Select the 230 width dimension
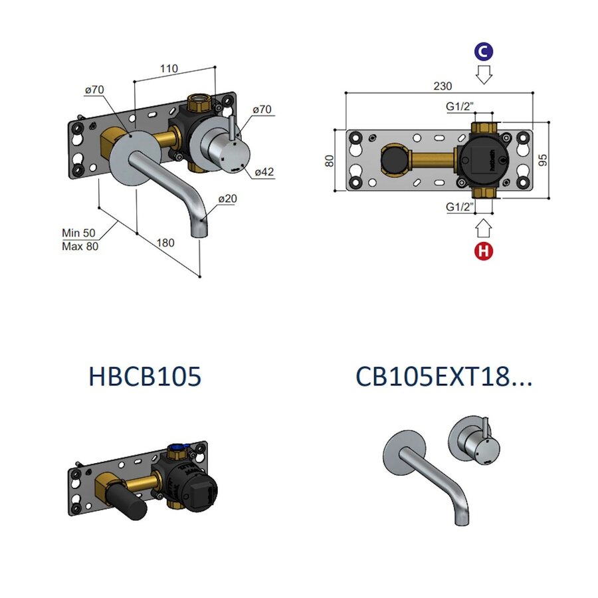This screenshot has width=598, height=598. [443, 86]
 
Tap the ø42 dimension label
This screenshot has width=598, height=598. [264, 171]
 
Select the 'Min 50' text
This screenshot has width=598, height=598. [79, 233]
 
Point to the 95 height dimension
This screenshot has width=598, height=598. [544, 159]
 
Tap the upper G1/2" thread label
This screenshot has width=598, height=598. [460, 105]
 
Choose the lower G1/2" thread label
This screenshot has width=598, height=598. [460, 207]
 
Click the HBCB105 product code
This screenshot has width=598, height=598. [144, 377]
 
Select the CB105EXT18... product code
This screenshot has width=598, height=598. [444, 377]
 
